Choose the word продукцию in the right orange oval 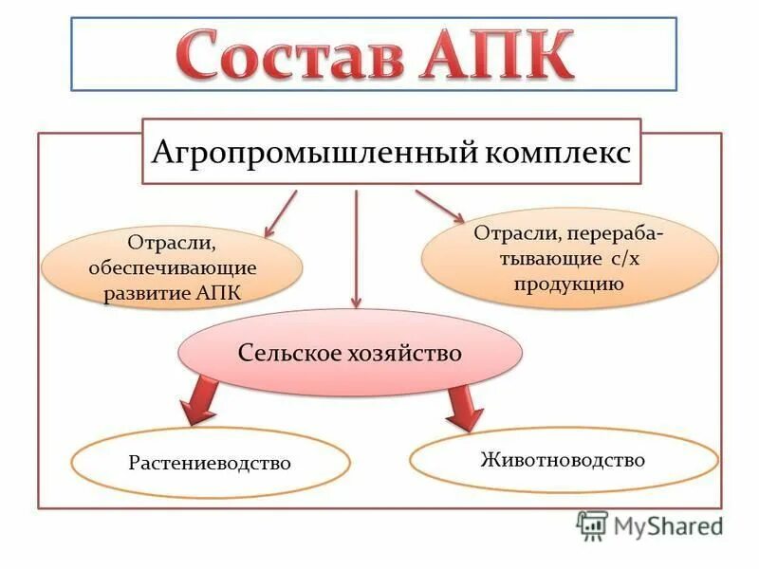point(569,284)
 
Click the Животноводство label point(563,460)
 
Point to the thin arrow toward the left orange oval point(280,212)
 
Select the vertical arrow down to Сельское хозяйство point(356,247)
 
